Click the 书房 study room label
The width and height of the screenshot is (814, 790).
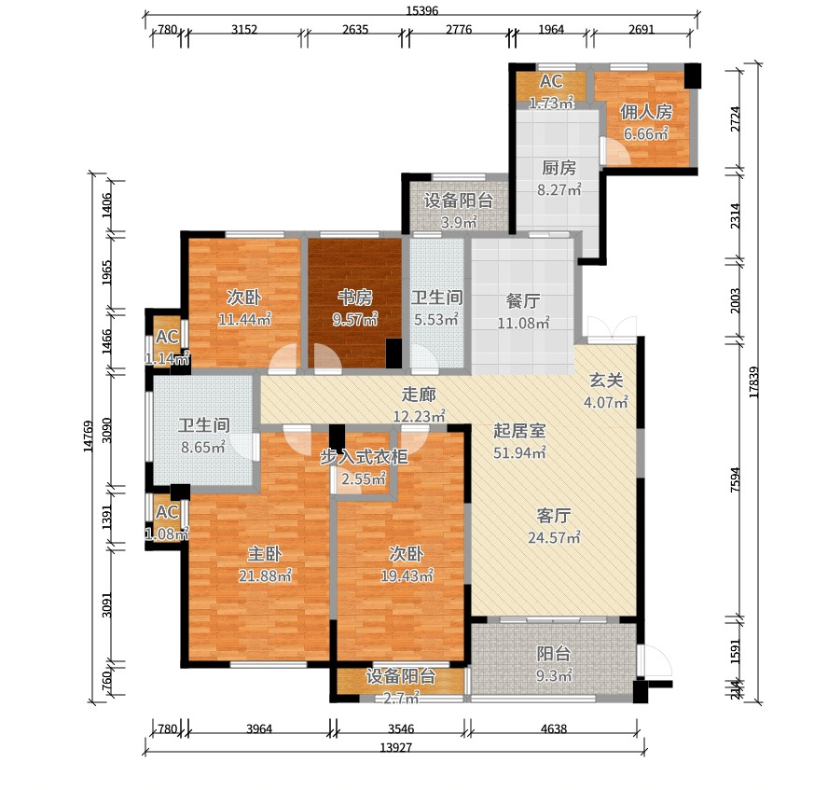[x=355, y=298]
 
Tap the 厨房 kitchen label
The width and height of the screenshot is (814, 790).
[x=559, y=168]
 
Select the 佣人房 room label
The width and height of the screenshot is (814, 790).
[x=646, y=112]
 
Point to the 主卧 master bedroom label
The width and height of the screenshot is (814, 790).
[x=264, y=554]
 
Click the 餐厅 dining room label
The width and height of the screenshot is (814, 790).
[x=523, y=300]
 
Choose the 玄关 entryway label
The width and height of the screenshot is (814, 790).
[x=606, y=381]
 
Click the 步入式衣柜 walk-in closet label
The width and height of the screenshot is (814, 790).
[x=364, y=456]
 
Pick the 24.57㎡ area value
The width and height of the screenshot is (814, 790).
[x=554, y=537]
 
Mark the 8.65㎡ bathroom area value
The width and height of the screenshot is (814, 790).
[x=203, y=447]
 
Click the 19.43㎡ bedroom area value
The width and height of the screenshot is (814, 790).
[x=407, y=575]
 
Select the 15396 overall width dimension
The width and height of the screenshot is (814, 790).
[x=422, y=10]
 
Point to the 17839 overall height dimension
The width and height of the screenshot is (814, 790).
[x=753, y=382]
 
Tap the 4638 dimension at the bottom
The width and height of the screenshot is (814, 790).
[x=554, y=728]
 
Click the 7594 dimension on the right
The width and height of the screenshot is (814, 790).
[x=735, y=479]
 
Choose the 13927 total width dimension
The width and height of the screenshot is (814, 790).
[x=395, y=747]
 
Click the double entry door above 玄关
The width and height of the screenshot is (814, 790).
[x=612, y=327]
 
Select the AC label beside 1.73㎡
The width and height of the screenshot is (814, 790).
[x=551, y=81]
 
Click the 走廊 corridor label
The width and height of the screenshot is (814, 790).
[x=419, y=395]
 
